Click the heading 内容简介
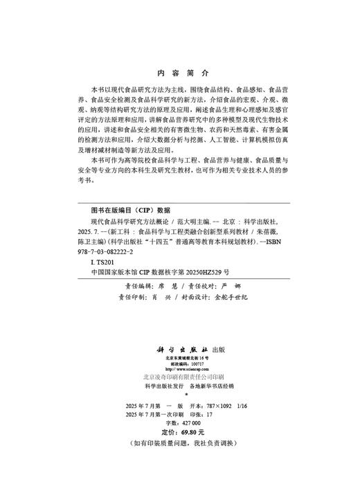180,71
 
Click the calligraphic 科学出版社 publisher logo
169,350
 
